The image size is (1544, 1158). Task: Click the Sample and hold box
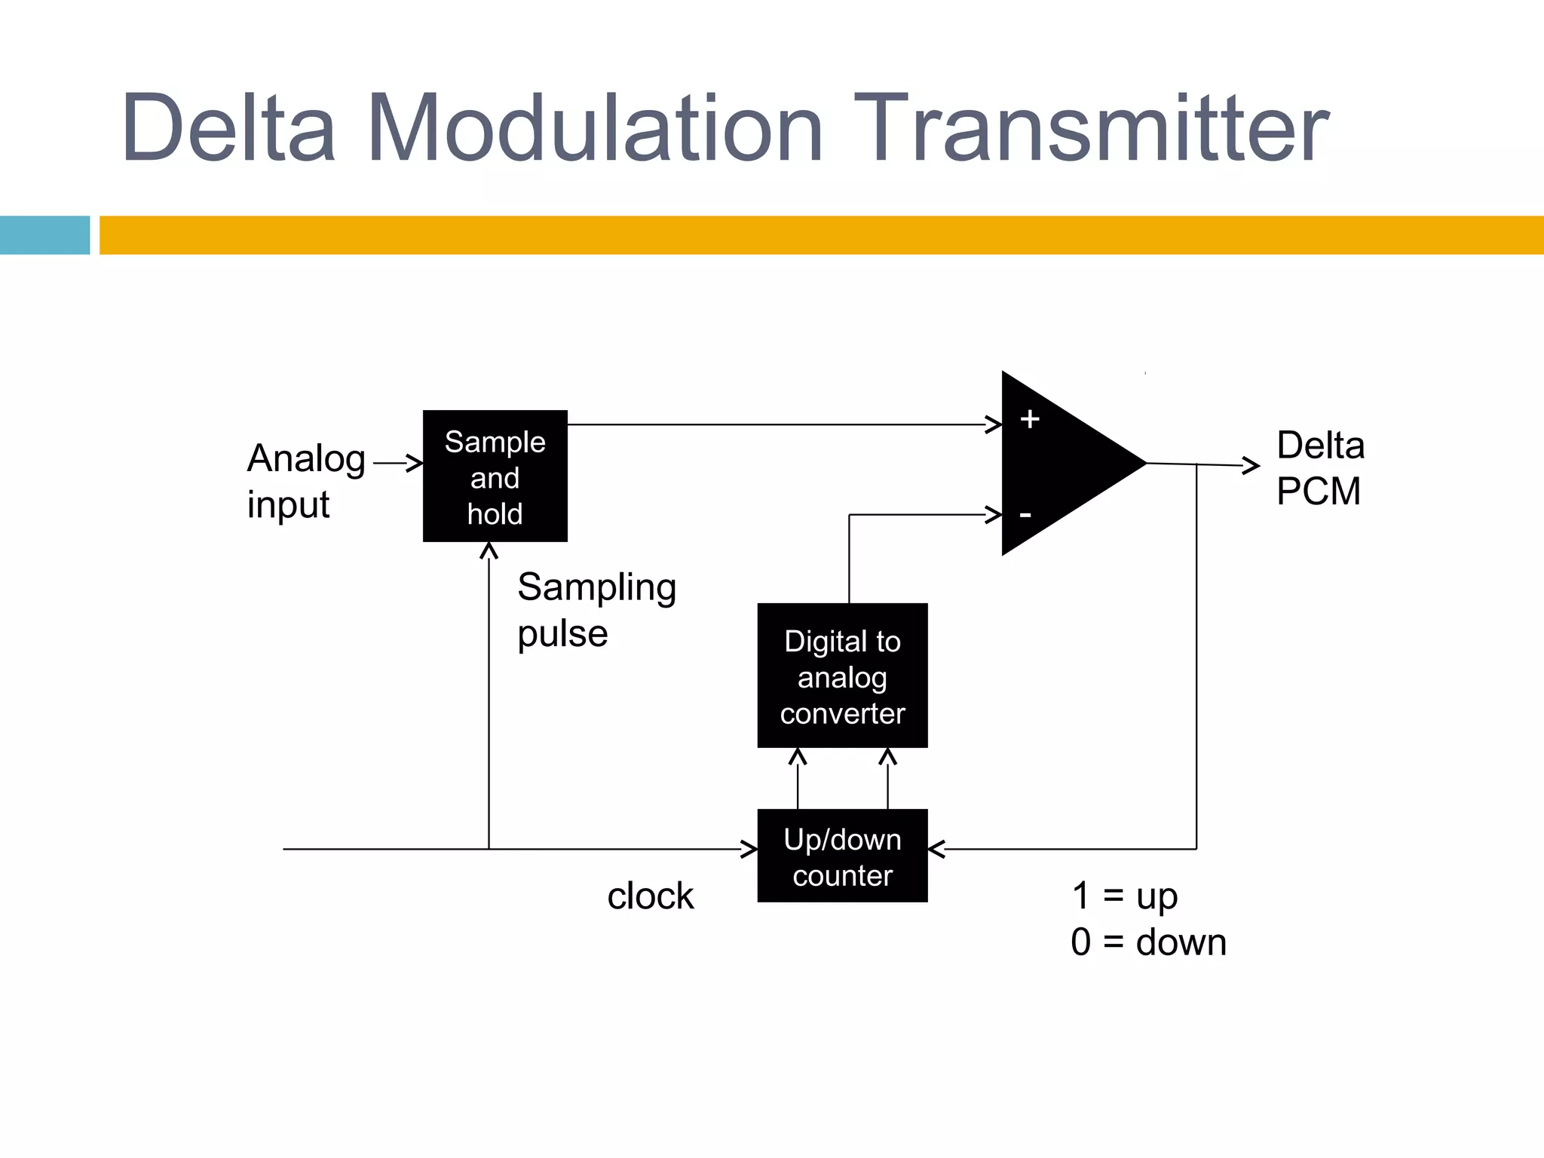[495, 476]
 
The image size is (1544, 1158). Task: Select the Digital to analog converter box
[842, 675]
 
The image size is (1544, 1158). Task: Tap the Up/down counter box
[842, 856]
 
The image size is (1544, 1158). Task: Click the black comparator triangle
[1063, 464]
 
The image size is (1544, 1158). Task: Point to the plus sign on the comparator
[1030, 419]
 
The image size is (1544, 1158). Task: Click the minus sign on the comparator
[1025, 515]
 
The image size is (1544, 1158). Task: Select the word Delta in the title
[228, 127]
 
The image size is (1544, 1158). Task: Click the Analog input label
[305, 480]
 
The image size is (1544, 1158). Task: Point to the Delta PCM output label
[1319, 468]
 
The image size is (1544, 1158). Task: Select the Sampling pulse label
[596, 609]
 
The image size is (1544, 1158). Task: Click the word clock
[650, 896]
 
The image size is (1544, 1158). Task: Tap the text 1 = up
[1124, 896]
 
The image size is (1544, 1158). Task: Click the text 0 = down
[1147, 942]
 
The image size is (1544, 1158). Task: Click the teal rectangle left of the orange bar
[44, 235]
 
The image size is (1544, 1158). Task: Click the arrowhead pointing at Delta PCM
[1252, 466]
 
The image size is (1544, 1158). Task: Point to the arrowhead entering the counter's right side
[936, 849]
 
